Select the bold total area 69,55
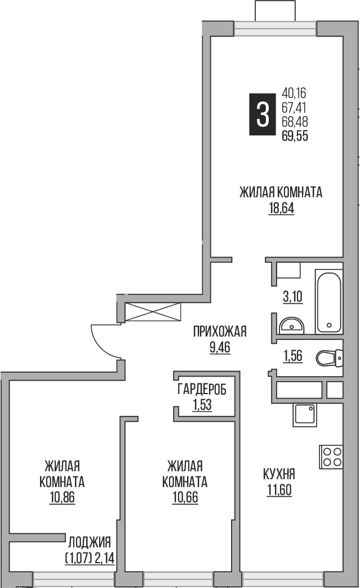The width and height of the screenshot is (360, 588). pos(295,135)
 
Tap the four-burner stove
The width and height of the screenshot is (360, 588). pos(331,457)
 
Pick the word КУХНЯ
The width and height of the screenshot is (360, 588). pos(279,474)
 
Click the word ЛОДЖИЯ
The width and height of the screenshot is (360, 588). pos(89,542)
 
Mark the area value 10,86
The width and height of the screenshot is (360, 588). pos(62,497)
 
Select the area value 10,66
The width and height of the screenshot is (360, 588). pos(184,497)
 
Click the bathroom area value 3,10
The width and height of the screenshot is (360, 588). pos(292,297)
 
